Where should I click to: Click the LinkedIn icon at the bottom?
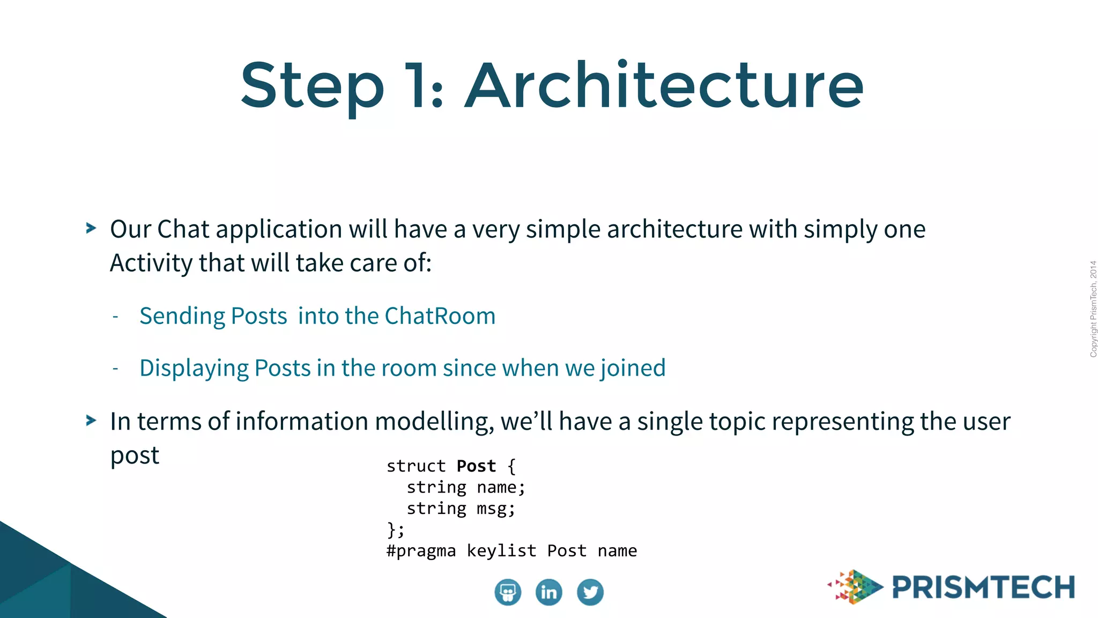point(548,592)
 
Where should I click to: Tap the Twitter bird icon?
point(590,592)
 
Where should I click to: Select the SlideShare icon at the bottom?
point(507,592)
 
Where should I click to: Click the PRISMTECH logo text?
point(983,587)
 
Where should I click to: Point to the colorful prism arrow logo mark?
point(856,587)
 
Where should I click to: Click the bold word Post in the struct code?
point(476,466)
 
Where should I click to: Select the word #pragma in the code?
point(421,551)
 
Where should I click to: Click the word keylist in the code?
point(501,551)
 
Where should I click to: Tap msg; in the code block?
point(496,509)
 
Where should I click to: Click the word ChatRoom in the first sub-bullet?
point(440,316)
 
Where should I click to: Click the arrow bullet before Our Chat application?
point(91,229)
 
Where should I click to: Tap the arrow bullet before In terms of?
point(91,421)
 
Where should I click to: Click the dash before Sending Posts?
point(115,317)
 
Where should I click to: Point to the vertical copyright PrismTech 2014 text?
point(1093,309)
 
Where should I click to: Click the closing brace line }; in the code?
point(396,530)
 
